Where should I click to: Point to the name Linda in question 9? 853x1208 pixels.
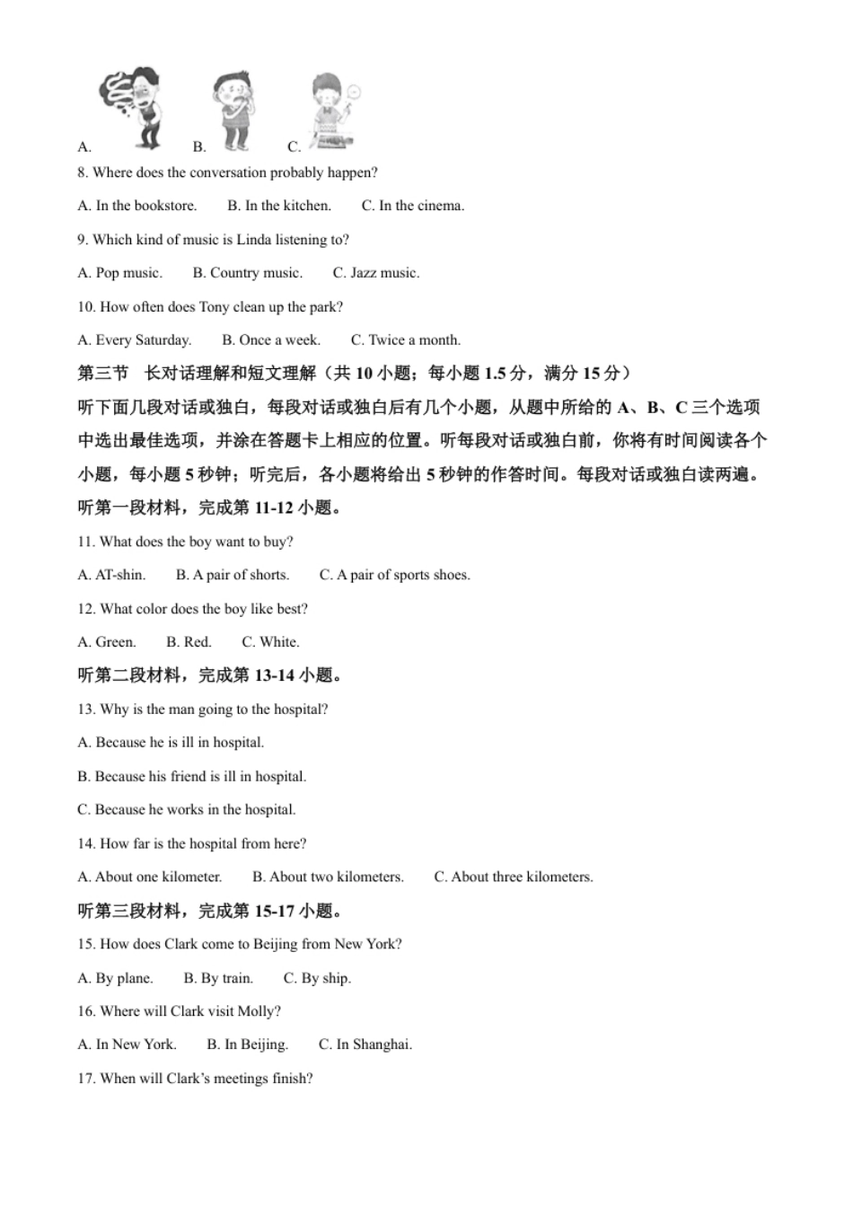(x=254, y=240)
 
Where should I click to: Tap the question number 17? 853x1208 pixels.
(x=86, y=1079)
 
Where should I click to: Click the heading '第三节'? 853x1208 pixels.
(x=103, y=374)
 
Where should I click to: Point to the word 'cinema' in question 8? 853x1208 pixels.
(x=438, y=206)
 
